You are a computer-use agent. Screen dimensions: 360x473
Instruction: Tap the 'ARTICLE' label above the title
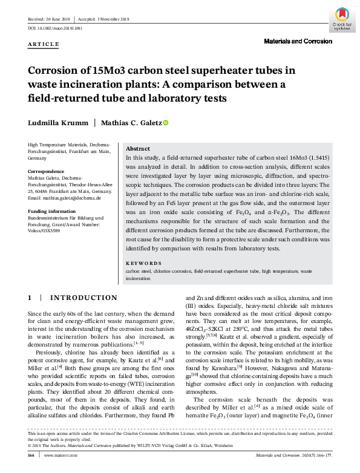[44, 45]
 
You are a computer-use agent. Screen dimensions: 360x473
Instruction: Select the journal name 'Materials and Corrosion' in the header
[298, 41]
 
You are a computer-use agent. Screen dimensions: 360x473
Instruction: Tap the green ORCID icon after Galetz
[165, 122]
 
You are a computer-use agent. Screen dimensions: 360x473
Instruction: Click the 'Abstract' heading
[137, 148]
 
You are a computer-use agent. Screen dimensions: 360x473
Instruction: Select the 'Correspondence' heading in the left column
[48, 172]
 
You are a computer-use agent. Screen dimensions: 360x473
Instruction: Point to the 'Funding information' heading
[53, 211]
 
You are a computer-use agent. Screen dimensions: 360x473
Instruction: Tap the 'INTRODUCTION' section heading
[83, 298]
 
